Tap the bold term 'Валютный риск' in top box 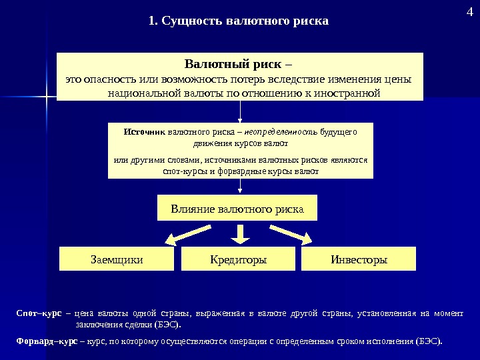[x=232, y=65]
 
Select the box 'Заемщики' [x=117, y=259]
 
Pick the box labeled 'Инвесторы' [x=359, y=259]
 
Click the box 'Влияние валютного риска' [x=237, y=209]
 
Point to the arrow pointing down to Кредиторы [x=240, y=233]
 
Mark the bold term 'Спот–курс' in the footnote [x=38, y=313]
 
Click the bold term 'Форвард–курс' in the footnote [x=44, y=341]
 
